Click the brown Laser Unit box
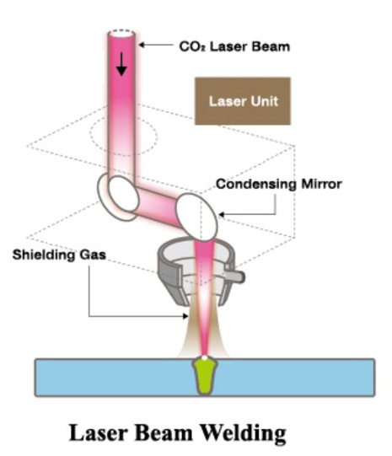pyautogui.click(x=243, y=101)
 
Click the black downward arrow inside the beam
pyautogui.click(x=121, y=64)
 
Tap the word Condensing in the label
pyautogui.click(x=256, y=185)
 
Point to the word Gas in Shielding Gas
pyautogui.click(x=93, y=255)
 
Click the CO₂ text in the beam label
pyautogui.click(x=192, y=46)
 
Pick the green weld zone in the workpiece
pyautogui.click(x=205, y=376)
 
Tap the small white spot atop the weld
pyautogui.click(x=205, y=357)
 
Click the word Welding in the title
pyautogui.click(x=243, y=432)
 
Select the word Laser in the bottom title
pyautogui.click(x=99, y=432)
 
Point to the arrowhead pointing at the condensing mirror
pyautogui.click(x=222, y=215)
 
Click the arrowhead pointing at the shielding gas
pyautogui.click(x=185, y=316)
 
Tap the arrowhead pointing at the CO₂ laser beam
pyautogui.click(x=142, y=45)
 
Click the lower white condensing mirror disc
pyautogui.click(x=197, y=217)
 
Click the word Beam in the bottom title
pyautogui.click(x=164, y=432)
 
